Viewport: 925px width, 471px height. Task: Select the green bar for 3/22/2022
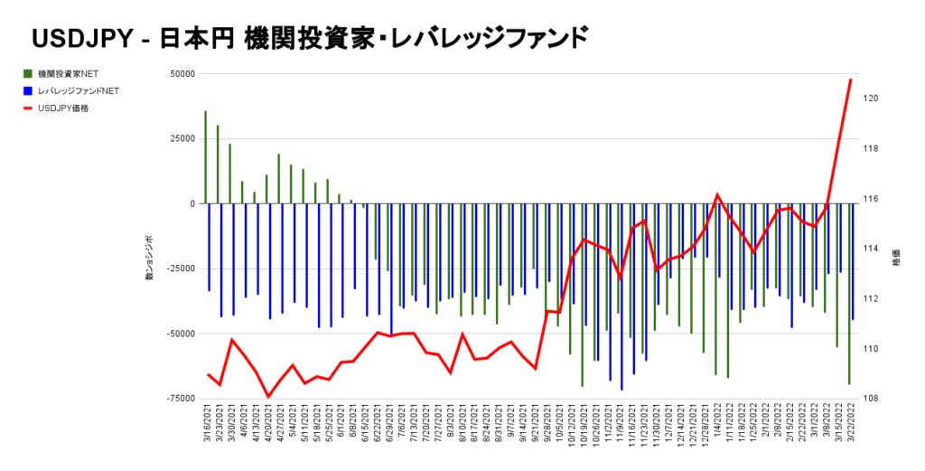[849, 294]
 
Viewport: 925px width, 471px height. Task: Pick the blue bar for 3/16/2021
[210, 247]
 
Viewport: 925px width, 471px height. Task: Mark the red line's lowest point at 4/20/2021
[267, 396]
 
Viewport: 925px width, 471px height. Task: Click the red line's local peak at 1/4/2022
[717, 194]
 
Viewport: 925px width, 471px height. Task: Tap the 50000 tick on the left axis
[182, 73]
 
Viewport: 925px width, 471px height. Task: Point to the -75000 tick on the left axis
[181, 399]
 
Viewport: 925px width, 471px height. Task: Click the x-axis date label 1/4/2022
[717, 426]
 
